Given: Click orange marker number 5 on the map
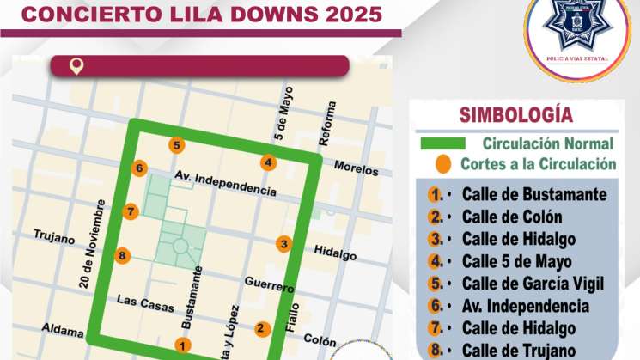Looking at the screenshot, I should tap(176, 145).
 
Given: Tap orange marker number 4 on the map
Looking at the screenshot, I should tap(268, 162).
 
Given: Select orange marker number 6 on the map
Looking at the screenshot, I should tap(139, 168).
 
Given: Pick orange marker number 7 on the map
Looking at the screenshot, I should tap(130, 211).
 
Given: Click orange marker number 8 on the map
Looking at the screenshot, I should tap(122, 255).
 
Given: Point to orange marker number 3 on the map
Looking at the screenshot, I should tap(283, 244).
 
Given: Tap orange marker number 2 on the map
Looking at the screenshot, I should tap(261, 327).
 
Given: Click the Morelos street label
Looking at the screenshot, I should tap(356, 167).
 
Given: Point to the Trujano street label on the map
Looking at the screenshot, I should tap(55, 237).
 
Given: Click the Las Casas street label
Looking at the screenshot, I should tap(145, 302).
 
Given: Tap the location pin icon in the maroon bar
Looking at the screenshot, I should tap(76, 66).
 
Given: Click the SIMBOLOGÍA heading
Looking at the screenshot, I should tap(515, 114).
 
